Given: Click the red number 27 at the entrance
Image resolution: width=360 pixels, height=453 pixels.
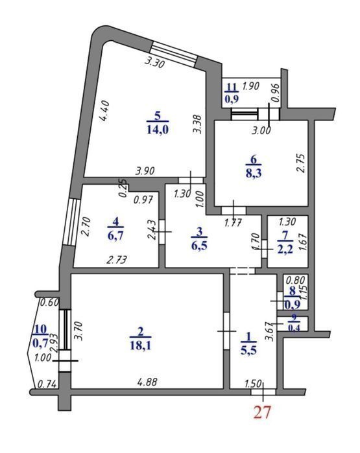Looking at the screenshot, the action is [263, 412].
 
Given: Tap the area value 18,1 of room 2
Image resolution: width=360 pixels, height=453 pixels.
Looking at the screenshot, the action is [141, 345].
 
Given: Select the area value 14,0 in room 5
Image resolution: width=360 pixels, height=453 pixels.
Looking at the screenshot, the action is [158, 130].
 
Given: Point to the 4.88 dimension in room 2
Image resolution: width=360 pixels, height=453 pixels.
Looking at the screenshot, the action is [147, 382].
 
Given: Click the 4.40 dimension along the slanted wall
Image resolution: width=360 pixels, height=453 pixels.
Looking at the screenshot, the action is [104, 112].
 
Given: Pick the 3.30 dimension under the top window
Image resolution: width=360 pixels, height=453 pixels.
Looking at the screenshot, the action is [154, 62].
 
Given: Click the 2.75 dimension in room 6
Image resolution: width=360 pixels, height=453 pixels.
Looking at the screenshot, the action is [301, 163].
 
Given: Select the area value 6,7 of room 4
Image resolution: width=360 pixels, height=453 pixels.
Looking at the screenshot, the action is [115, 235].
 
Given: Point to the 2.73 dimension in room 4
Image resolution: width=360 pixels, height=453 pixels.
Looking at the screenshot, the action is [117, 260].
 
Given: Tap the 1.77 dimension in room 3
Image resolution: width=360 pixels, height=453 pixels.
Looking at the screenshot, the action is [233, 223].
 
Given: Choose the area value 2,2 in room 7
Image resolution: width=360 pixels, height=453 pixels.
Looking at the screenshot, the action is [285, 250].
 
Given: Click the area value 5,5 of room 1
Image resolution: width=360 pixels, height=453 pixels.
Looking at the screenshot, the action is [248, 351].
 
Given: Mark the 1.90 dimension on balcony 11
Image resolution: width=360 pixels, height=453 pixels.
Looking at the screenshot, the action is [250, 86].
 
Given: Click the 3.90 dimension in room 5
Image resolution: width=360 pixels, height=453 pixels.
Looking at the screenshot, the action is [145, 170].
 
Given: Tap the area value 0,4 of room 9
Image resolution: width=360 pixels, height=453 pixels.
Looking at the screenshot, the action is [293, 328].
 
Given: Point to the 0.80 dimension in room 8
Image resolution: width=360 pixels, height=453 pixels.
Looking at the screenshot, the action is [296, 280].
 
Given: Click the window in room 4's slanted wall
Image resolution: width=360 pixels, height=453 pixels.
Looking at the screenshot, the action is [71, 222].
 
